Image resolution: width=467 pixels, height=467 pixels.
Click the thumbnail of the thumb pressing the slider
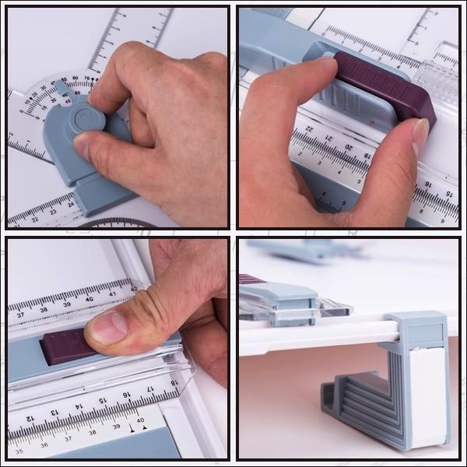click(109, 328)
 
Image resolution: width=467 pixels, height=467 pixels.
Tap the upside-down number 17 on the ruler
click(149, 388)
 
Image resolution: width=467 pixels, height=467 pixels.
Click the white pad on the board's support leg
click(427, 397)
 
